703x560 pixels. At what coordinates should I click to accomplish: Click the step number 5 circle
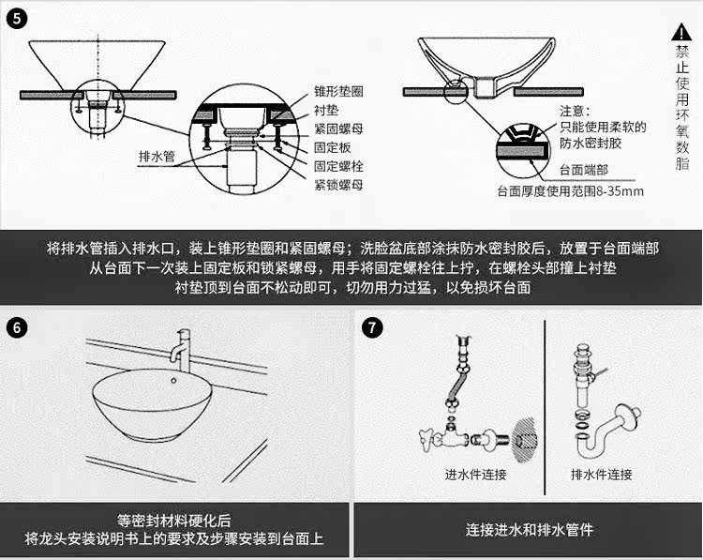point(17,18)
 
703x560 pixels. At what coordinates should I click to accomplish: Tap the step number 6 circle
point(17,328)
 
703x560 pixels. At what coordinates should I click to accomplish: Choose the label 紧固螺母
point(338,129)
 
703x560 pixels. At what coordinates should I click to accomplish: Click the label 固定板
point(332,147)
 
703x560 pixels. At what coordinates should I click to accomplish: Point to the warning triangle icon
point(681,32)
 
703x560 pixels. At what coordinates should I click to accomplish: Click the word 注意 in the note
point(573,112)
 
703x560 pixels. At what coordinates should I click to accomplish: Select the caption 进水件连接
point(475,475)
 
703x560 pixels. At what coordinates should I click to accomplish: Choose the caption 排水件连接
point(601,475)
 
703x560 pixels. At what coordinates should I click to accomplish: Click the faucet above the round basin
point(182,343)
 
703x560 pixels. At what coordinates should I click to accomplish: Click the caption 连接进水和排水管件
point(530,530)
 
